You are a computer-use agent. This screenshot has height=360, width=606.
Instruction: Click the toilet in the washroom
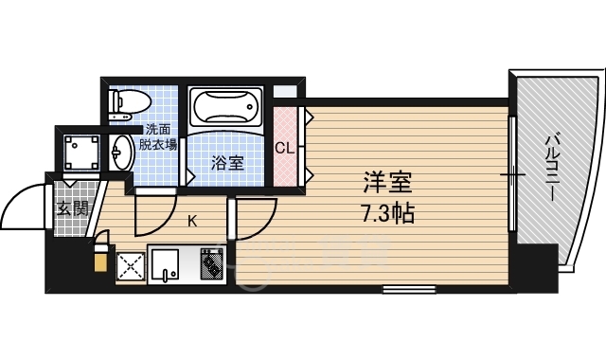(x=130, y=102)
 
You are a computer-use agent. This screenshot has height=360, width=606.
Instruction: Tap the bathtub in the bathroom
(x=226, y=105)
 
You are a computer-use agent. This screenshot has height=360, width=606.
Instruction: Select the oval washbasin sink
(x=122, y=153)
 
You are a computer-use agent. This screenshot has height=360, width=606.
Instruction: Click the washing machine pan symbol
(x=81, y=153)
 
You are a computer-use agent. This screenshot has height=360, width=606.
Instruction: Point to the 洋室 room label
(x=387, y=183)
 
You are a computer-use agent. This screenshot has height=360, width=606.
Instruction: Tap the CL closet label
(x=284, y=148)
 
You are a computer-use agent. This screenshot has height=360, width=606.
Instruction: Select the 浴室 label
(x=227, y=163)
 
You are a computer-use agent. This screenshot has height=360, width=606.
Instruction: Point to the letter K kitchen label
(x=192, y=222)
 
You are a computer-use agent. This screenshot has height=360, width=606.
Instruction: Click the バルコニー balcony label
(x=552, y=167)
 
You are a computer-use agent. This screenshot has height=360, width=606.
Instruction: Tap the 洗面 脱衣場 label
(x=158, y=137)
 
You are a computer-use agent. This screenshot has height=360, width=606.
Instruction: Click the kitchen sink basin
(x=165, y=264)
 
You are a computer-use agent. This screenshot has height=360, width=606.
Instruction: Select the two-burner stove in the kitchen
(x=212, y=263)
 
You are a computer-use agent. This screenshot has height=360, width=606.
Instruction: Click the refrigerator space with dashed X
(x=131, y=266)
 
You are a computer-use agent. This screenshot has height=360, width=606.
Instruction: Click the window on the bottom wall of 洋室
(x=409, y=289)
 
